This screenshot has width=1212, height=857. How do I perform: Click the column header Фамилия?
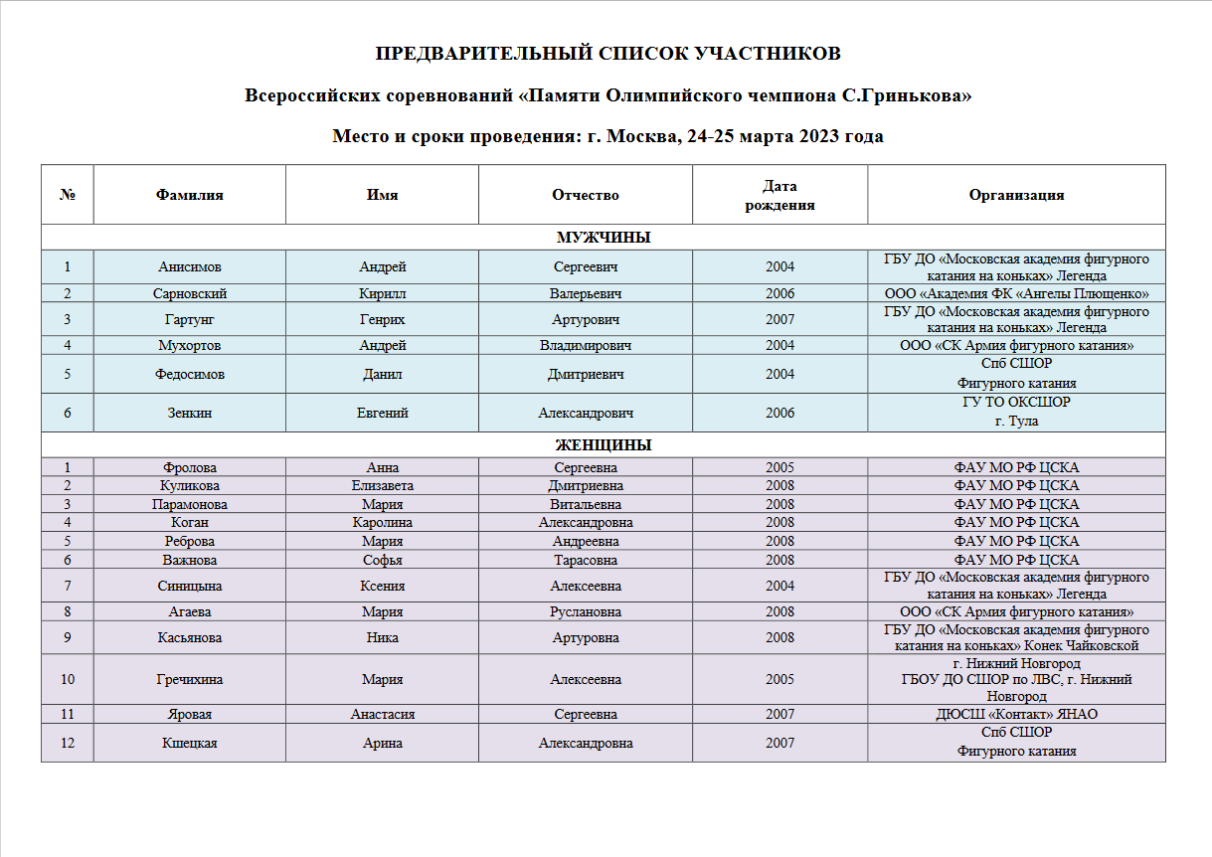coord(189,195)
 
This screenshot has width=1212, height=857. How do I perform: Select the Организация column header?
coord(1016,195)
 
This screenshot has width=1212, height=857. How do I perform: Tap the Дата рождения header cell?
coord(779,195)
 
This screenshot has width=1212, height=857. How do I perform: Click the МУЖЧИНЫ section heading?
coord(603,238)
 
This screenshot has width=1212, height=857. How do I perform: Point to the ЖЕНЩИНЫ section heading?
coord(603,445)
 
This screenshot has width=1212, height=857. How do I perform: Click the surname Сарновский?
coord(189,294)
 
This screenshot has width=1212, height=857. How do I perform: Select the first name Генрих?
coord(382,320)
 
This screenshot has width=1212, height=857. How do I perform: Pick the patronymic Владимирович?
coord(585,346)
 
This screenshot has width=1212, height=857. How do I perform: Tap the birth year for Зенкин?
coord(779,413)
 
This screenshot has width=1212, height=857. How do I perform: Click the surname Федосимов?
coord(189,374)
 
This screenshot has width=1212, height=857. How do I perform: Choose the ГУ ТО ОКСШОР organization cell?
coord(1016,412)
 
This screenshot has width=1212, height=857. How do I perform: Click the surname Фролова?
coord(189,467)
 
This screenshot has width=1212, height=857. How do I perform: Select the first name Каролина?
coord(382,523)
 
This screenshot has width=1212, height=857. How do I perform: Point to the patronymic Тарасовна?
coord(585,560)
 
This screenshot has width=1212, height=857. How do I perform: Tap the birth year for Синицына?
coord(779,587)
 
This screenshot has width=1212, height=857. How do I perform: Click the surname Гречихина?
coord(189,680)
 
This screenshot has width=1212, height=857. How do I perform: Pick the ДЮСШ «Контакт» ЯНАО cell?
coord(1016,715)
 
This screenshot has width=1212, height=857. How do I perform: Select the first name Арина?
coord(382,743)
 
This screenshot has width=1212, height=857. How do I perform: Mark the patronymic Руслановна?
coord(585,612)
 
